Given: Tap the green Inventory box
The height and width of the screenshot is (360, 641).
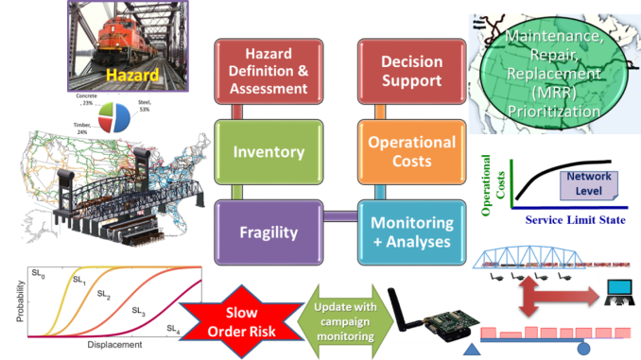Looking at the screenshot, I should pos(269,151).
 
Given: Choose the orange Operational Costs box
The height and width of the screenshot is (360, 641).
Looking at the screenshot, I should pos(411,151).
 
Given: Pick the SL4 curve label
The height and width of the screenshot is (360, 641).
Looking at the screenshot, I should pos(173,329).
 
